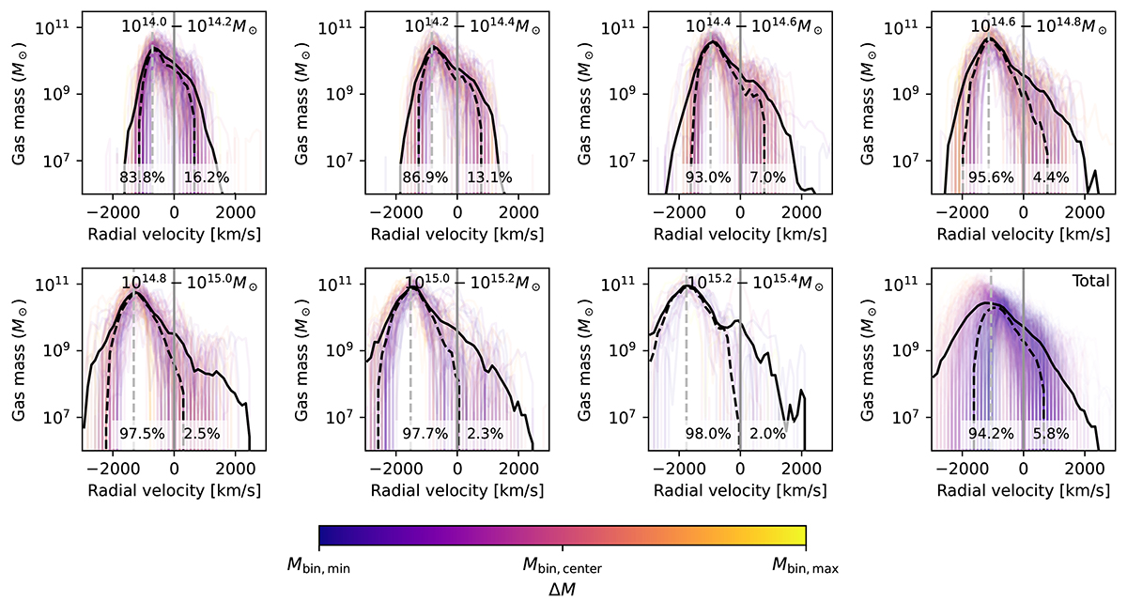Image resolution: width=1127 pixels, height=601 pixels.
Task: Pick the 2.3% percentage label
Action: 482,434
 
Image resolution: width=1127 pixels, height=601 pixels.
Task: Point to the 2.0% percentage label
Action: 765,434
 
